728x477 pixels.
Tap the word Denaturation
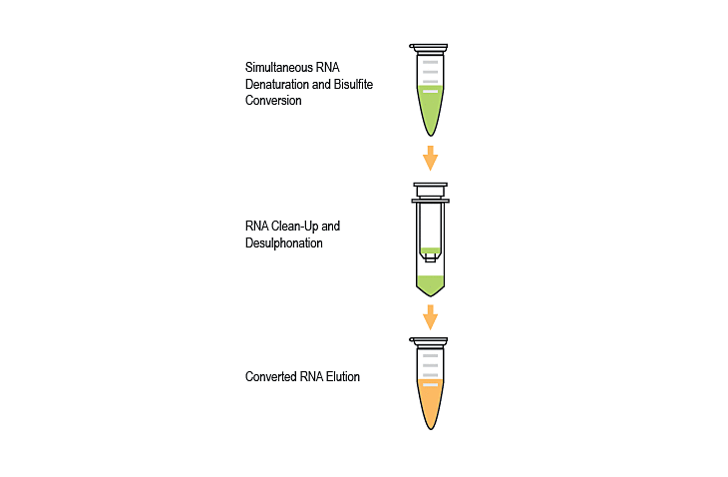click(x=279, y=84)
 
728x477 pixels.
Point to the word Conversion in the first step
click(x=273, y=100)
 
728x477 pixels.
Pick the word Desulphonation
click(x=284, y=242)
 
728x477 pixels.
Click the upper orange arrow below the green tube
click(x=430, y=158)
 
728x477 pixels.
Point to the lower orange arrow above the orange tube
click(x=430, y=317)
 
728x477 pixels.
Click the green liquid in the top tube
click(x=430, y=110)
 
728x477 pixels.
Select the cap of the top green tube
click(x=430, y=47)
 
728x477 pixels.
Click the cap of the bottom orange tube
click(x=430, y=341)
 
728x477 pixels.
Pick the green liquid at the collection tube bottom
click(x=430, y=283)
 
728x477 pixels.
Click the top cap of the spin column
click(x=430, y=187)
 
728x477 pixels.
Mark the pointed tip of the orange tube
click(x=430, y=426)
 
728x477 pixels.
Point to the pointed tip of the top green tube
click(x=430, y=134)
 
